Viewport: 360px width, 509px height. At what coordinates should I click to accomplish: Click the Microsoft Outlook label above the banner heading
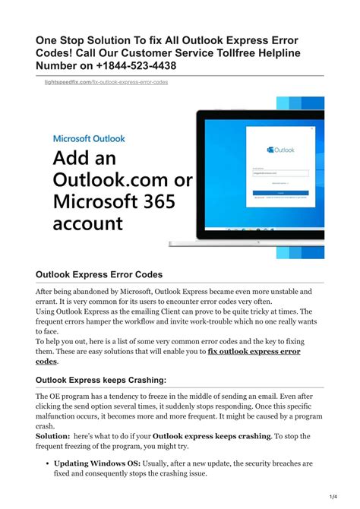pyautogui.click(x=89, y=139)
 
